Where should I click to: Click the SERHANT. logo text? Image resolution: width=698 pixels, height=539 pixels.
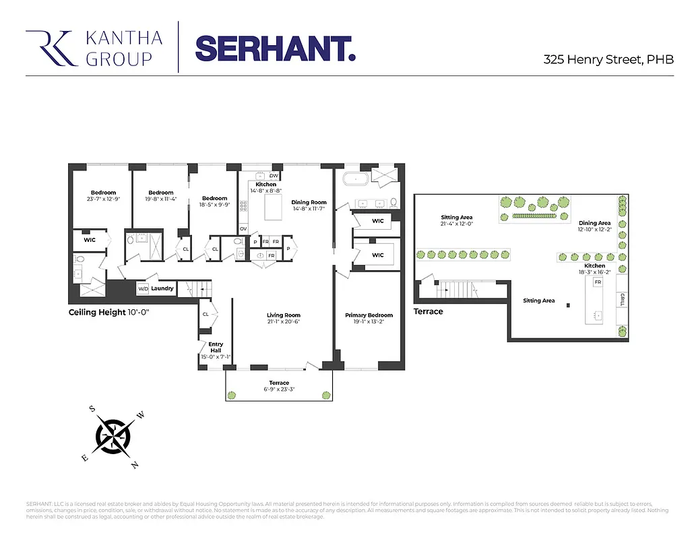(x=274, y=48)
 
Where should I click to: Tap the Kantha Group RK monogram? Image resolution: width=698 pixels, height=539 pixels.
(x=50, y=48)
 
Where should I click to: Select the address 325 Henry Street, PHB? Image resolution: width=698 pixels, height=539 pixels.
(x=608, y=59)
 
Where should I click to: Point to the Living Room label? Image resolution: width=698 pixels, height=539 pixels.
(x=284, y=315)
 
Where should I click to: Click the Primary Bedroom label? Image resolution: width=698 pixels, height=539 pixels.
(x=369, y=315)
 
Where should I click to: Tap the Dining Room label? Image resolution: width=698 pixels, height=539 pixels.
(x=309, y=202)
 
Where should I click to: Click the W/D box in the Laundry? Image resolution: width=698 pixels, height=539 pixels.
(x=143, y=289)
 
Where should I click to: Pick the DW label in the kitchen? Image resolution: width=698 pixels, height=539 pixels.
(x=274, y=176)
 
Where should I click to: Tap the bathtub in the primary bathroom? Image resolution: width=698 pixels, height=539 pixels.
(x=356, y=179)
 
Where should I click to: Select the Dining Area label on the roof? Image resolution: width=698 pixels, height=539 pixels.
(x=595, y=223)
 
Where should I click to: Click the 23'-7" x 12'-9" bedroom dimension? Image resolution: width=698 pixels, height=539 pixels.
(x=104, y=199)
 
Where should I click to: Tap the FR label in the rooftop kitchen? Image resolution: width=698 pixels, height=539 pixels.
(x=598, y=282)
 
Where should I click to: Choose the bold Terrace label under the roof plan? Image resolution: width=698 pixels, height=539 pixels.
(x=429, y=312)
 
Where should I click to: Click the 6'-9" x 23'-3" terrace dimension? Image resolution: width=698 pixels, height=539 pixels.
(x=279, y=389)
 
